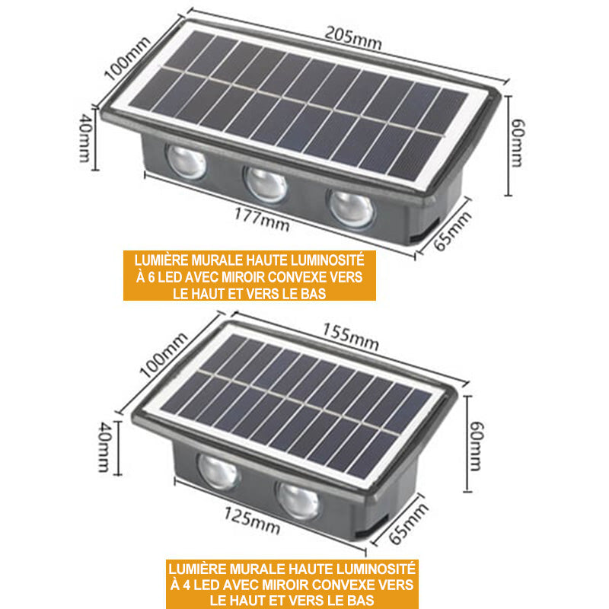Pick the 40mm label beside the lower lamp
[104, 448]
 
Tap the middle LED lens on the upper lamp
[266, 184]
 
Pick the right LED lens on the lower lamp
[297, 499]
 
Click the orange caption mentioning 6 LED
[250, 276]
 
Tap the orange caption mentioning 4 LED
[291, 584]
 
